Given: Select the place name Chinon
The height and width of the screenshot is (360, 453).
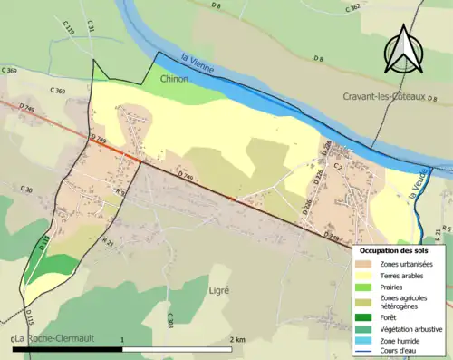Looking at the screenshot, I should click(174, 80).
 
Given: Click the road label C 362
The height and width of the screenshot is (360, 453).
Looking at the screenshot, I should click(354, 6).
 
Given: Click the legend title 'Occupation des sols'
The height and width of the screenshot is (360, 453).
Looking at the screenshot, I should click(393, 250).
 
